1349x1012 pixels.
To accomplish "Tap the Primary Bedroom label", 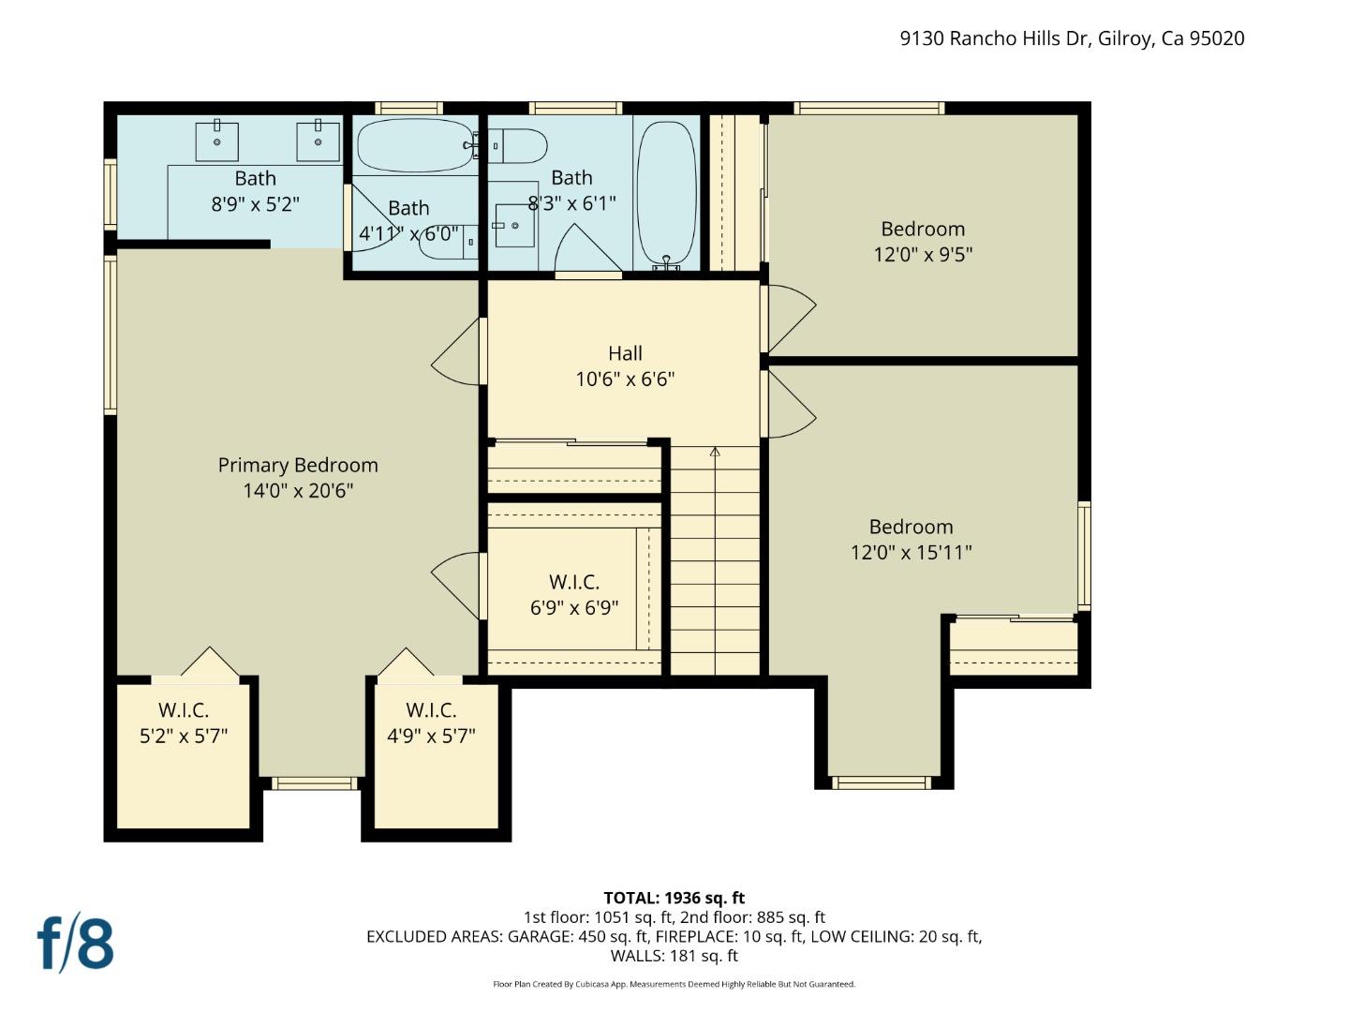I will click(298, 465).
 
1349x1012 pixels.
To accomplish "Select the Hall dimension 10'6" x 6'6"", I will click(625, 379).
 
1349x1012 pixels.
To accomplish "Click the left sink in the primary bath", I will click(216, 141).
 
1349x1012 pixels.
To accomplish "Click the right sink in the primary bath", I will click(318, 141).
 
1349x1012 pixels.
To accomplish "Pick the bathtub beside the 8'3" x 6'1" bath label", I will click(666, 193).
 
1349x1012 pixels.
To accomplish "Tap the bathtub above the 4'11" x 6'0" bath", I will click(415, 145).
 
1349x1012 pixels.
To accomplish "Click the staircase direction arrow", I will click(715, 453).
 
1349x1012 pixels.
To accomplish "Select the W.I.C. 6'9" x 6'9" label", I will click(574, 595).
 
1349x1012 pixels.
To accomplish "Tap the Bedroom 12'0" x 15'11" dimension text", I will click(911, 552).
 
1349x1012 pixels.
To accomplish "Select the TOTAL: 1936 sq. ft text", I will click(674, 898).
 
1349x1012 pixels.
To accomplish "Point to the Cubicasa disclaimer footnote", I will click(674, 984).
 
